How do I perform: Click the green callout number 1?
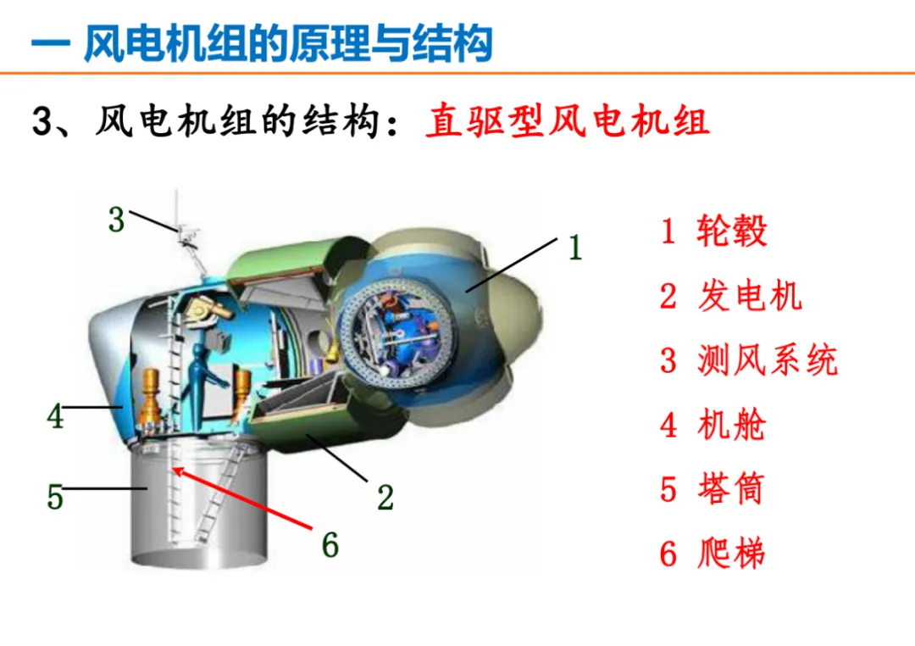[x=575, y=247]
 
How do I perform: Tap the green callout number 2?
[x=385, y=498]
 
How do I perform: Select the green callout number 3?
[x=117, y=220]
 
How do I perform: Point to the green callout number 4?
[x=55, y=416]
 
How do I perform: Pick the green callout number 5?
[x=55, y=497]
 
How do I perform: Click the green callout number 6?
[x=330, y=545]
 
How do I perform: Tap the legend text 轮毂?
[x=731, y=231]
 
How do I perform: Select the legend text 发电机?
[x=749, y=296]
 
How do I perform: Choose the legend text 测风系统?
[x=768, y=359]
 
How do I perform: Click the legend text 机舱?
[x=731, y=425]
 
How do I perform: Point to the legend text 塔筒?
[x=731, y=489]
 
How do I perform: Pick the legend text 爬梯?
[x=731, y=553]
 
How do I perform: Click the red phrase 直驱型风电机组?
[x=567, y=121]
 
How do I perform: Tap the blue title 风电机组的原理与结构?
[x=288, y=43]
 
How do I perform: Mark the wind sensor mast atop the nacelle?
[x=186, y=234]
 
